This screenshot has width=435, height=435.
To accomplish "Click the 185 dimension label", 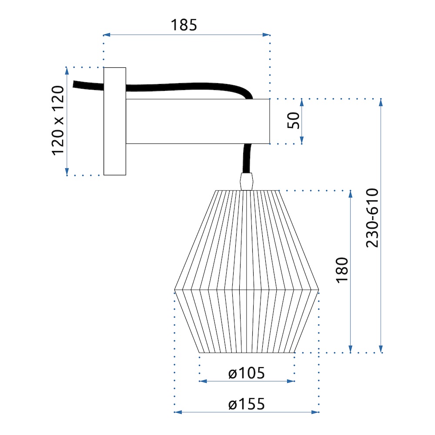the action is coord(184,25).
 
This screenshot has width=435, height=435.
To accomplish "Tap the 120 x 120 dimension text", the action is coord(58,120).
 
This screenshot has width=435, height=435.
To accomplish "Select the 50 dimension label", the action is coord(293,120).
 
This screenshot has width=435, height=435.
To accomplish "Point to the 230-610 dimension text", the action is coord(372,218).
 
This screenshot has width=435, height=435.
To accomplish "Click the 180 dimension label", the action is coord(342,270).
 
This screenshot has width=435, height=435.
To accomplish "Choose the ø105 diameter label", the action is coord(247,373).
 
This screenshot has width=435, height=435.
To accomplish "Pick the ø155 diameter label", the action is coord(247,404).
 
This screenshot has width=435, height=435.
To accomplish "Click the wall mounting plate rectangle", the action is coord(115,121).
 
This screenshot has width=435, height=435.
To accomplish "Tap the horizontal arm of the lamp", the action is coord(198,121).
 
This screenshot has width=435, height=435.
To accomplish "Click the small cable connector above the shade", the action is coord(247,182).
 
